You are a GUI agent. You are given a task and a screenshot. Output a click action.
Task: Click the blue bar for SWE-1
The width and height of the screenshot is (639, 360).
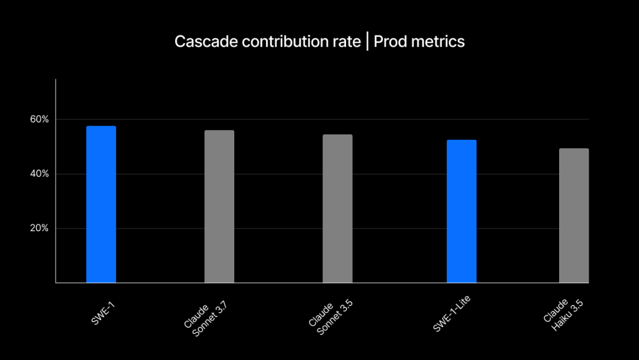tap(101, 204)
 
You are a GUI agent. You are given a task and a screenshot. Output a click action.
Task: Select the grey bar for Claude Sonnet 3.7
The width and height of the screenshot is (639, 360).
tap(220, 207)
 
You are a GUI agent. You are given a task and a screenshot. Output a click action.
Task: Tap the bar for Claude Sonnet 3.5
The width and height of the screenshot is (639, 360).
tap(337, 208)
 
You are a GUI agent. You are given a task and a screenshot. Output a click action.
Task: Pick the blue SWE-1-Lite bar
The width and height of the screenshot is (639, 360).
tap(461, 211)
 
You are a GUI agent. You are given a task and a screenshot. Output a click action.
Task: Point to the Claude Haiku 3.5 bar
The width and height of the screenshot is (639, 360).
tap(574, 216)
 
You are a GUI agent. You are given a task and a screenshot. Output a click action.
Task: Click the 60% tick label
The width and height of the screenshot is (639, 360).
tap(40, 120)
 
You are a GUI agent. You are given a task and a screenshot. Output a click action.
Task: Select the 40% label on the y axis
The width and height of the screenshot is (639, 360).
tap(40, 174)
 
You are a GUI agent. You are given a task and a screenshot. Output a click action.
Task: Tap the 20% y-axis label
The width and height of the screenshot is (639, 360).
tap(40, 229)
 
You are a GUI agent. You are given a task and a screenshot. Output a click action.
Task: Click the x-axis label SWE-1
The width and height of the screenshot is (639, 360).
tap(104, 312)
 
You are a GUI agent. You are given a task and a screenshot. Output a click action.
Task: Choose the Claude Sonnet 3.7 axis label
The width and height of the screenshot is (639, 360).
tap(206, 317)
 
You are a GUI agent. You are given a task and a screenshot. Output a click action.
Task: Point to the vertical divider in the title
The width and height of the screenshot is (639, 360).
tap(367, 42)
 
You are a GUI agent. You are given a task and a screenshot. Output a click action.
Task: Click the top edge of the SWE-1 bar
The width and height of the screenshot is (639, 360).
tap(101, 127)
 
